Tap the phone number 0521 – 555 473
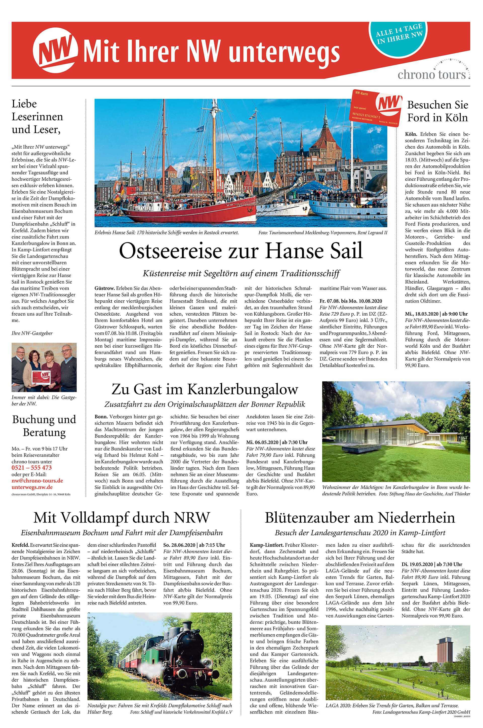point(32,467)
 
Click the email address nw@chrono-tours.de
point(37,480)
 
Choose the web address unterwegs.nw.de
point(32,487)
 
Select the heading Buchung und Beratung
point(44,426)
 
